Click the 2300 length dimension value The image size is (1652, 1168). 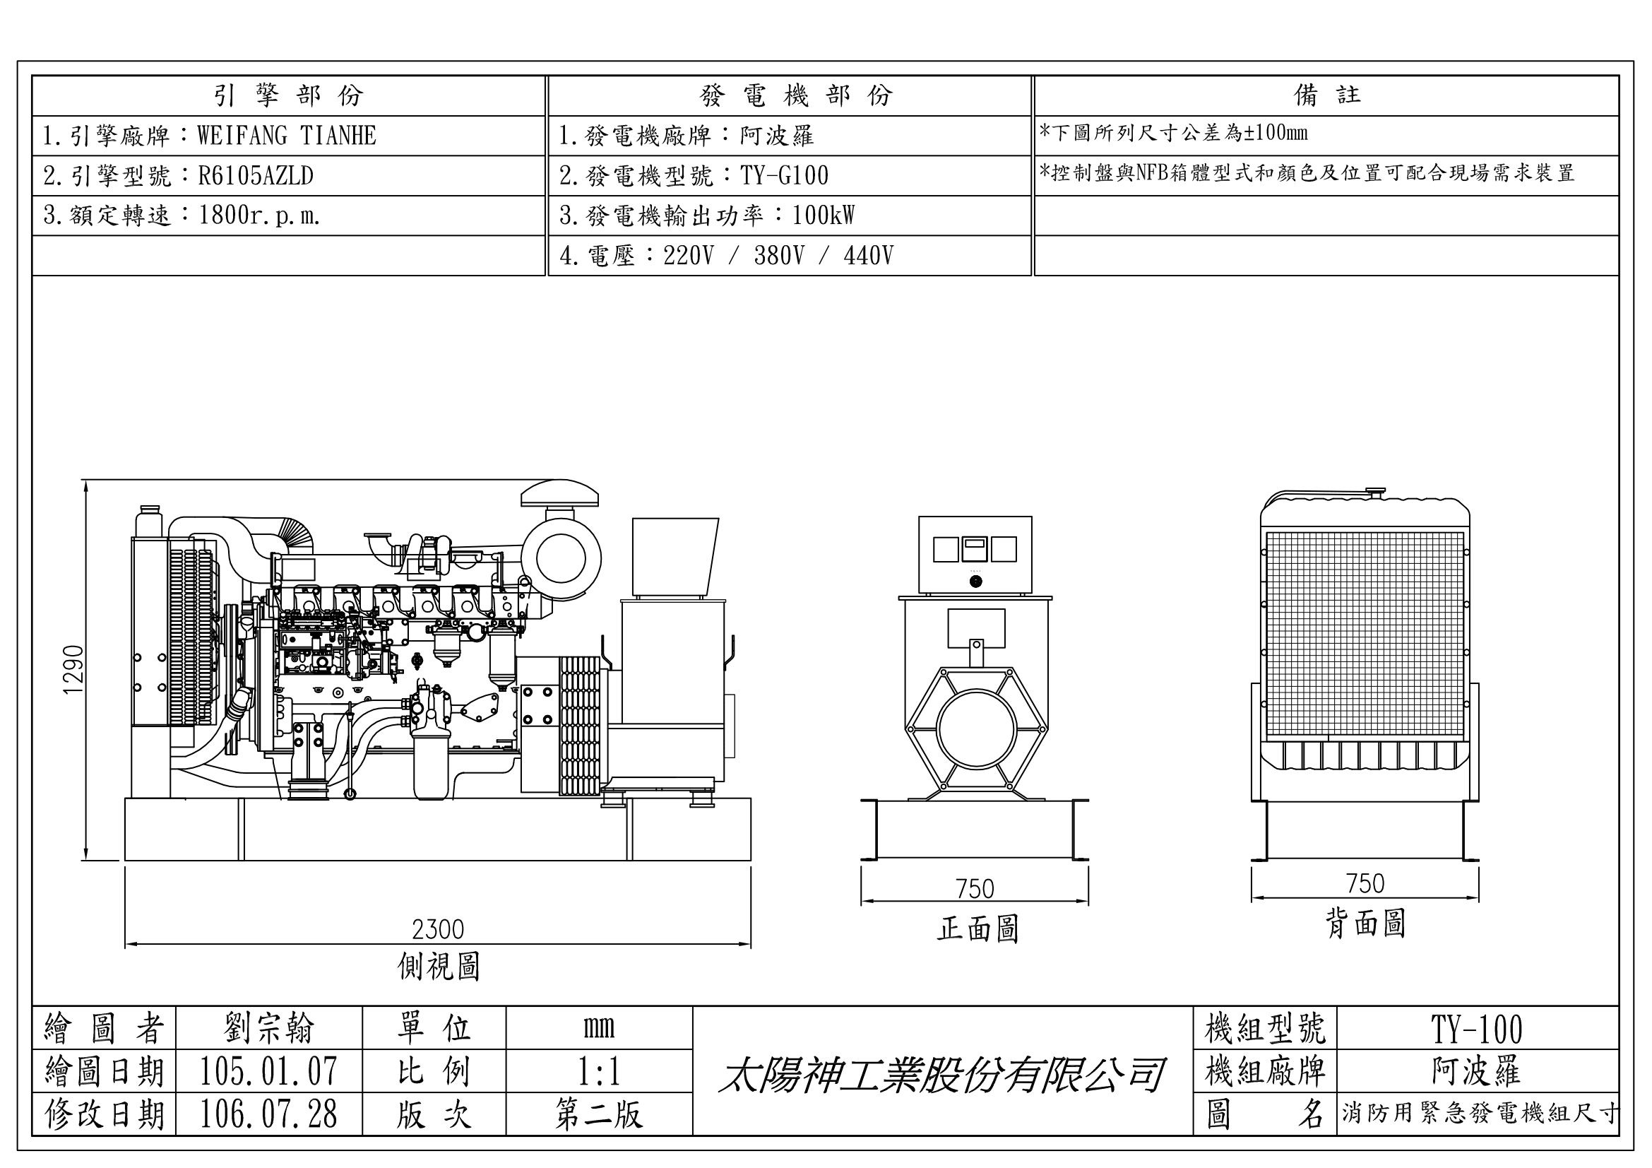(437, 929)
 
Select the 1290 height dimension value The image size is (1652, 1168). (74, 669)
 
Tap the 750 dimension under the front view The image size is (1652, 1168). (975, 889)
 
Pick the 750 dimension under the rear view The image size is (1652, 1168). (1365, 883)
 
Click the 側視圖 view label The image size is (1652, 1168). (438, 966)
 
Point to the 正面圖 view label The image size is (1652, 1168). (977, 928)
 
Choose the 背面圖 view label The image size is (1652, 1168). (1365, 924)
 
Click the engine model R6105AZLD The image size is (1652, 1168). (256, 176)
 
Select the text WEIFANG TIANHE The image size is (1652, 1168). (286, 135)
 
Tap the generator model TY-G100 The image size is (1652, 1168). (784, 176)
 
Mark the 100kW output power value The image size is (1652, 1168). (823, 216)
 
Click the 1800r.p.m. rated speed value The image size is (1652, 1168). (259, 216)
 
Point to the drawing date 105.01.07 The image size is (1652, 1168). (268, 1071)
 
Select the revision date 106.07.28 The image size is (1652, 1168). (268, 1114)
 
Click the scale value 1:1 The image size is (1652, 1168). (599, 1071)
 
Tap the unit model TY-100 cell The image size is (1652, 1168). (1476, 1029)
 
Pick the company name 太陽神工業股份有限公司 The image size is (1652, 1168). (941, 1075)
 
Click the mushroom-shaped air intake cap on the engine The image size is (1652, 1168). (559, 494)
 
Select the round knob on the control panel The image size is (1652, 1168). (975, 581)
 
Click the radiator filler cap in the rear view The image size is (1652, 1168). (1375, 492)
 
